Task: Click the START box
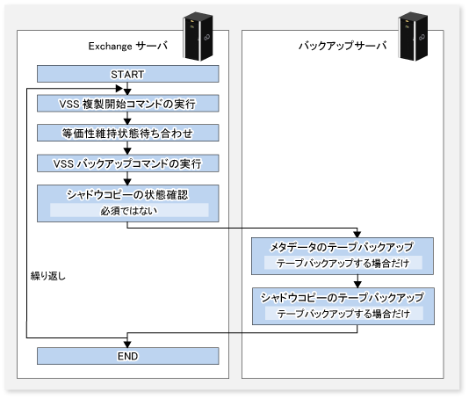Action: pos(127,74)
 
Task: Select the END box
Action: pos(127,356)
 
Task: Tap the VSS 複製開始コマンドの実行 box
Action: pos(127,104)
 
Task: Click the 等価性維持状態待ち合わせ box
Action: pos(127,133)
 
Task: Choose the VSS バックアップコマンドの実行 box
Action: pos(127,163)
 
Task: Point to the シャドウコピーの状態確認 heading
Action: pos(127,195)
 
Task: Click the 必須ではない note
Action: pos(129,210)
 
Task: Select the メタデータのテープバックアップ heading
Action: pos(342,247)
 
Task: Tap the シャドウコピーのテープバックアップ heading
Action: pos(343,297)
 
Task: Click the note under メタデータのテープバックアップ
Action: pos(343,263)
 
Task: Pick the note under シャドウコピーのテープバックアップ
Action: pos(343,314)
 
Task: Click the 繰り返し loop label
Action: pos(48,276)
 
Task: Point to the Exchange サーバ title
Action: pos(127,46)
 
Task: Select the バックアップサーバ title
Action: pos(343,46)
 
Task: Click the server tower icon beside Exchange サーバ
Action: pos(198,36)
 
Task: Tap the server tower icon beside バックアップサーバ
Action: pos(414,36)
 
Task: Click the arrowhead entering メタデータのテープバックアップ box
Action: pos(357,234)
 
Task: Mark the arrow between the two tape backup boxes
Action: pos(357,281)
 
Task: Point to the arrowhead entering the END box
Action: pos(127,344)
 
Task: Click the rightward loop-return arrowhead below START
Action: pos(119,88)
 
